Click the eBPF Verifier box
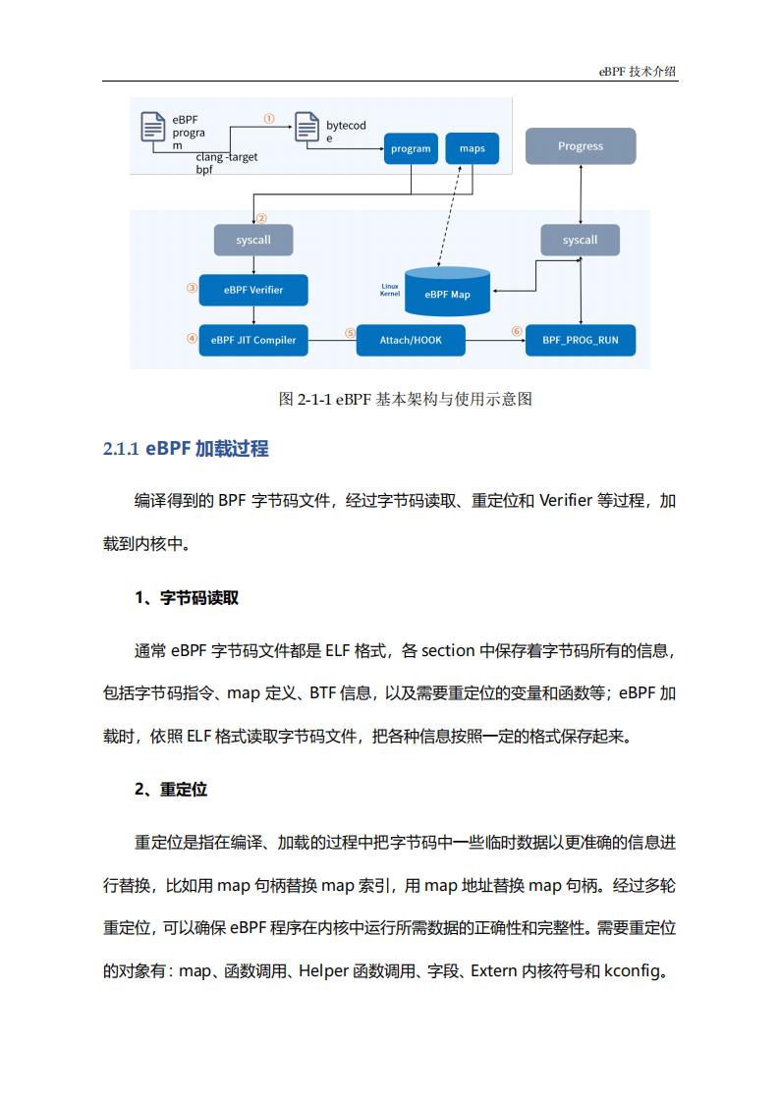click(x=253, y=290)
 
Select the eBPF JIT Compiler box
click(x=253, y=340)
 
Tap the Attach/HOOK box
click(x=411, y=340)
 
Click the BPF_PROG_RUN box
click(x=580, y=340)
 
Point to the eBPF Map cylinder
click(x=447, y=291)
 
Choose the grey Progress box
click(x=581, y=146)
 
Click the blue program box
click(x=411, y=148)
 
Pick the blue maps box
click(x=473, y=148)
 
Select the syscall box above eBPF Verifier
click(x=253, y=241)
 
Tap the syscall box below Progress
click(x=580, y=241)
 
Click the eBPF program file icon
click(x=152, y=128)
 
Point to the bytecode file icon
click(x=306, y=128)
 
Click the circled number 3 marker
click(x=192, y=288)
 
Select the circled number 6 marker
click(x=517, y=331)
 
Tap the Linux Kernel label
click(x=390, y=290)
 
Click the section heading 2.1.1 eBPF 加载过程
click(x=186, y=449)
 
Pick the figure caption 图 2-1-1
click(x=405, y=399)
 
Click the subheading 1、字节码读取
click(x=187, y=598)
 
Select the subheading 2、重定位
click(x=171, y=790)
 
